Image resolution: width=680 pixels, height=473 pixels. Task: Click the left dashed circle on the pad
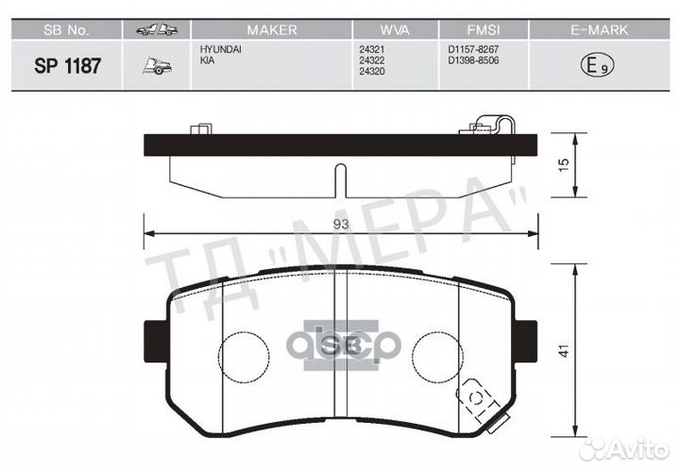[x=245, y=356]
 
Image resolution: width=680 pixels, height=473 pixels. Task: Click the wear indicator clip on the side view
[x=493, y=126]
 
